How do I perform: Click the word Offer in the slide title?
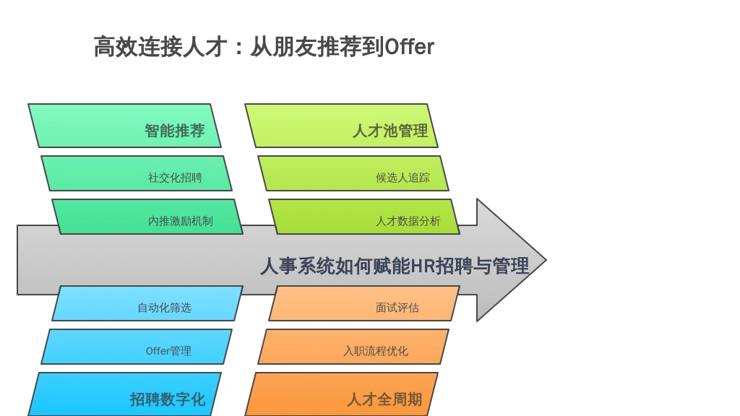pos(410,47)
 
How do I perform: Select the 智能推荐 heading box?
pos(124,126)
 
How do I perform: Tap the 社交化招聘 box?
pos(137,173)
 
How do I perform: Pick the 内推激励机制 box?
pos(147,217)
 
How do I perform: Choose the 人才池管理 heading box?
pos(341,126)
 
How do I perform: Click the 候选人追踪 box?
pos(353,173)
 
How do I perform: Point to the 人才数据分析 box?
pos(364,217)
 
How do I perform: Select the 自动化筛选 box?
pos(147,303)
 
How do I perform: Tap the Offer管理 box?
pos(137,347)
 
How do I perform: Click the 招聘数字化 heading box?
pos(124,394)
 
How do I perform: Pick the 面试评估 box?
pos(364,303)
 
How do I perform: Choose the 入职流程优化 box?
pos(353,347)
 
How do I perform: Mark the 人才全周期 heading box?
pos(341,394)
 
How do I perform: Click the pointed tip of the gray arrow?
pos(546,260)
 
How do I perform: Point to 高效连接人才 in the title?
pos(160,47)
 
